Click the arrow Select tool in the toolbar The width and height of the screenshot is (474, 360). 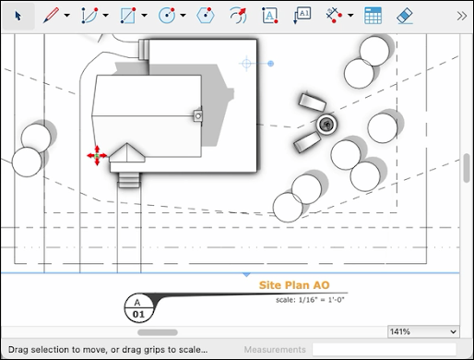(18, 15)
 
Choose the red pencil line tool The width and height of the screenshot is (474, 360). (52, 15)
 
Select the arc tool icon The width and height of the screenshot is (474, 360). (89, 15)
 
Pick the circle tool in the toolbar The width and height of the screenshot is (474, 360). (167, 15)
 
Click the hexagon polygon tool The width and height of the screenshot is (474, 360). (205, 15)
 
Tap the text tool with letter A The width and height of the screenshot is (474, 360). (269, 15)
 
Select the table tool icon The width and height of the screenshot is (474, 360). (373, 15)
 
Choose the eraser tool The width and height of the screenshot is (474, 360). (404, 15)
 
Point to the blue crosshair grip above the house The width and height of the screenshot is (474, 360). (246, 64)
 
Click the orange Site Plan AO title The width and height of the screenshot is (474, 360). (293, 285)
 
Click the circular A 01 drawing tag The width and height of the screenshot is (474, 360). (137, 307)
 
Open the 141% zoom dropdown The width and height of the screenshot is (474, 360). (422, 330)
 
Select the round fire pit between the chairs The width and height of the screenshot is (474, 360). (325, 123)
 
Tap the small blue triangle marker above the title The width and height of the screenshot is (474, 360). (246, 274)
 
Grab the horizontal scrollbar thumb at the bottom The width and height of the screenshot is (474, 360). (158, 330)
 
